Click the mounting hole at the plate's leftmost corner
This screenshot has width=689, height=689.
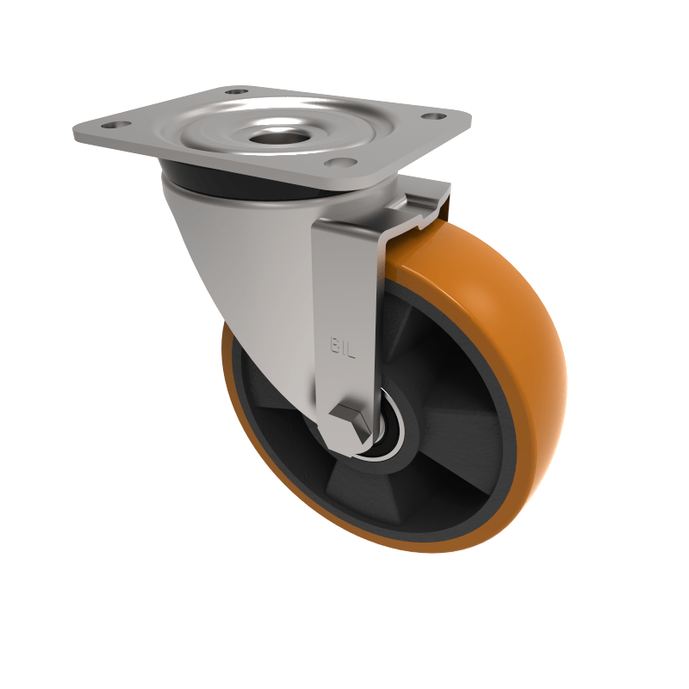(111, 126)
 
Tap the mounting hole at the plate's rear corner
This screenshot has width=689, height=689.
(236, 90)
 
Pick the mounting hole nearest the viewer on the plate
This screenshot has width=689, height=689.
(339, 164)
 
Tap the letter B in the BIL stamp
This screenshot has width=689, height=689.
(335, 345)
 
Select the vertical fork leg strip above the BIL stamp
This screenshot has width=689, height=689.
(344, 276)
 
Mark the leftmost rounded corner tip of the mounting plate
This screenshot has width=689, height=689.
(76, 134)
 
